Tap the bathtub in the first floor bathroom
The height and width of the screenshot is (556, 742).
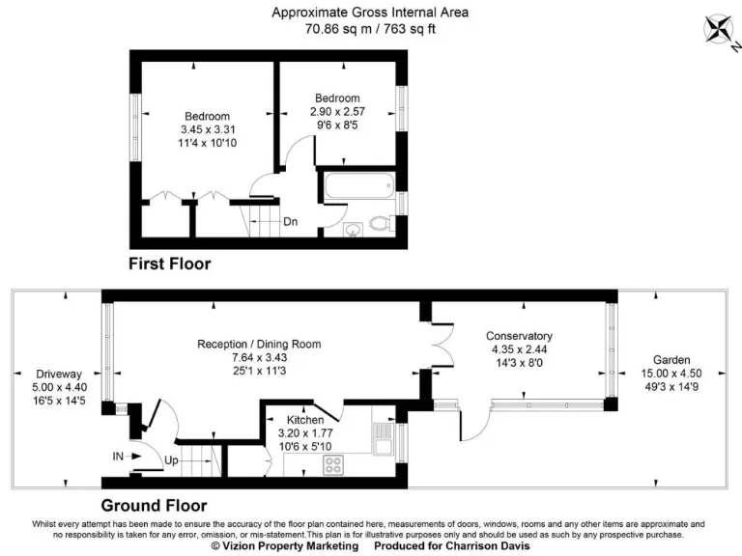357,186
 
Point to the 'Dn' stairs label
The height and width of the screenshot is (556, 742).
290,221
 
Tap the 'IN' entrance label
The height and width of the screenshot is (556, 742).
118,456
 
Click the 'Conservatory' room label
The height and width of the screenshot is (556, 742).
519,336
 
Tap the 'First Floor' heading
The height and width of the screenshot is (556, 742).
170,263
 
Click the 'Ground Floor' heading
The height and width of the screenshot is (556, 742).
154,505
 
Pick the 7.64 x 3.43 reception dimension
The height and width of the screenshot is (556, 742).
259,357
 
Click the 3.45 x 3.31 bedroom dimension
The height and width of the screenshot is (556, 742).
208,129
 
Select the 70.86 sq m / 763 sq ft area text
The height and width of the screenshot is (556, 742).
370,29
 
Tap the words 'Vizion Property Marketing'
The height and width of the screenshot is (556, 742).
285,546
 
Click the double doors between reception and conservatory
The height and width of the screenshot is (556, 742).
440,347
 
